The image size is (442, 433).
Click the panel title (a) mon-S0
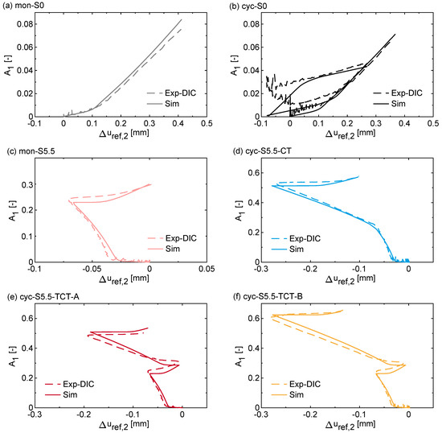[29, 6]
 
